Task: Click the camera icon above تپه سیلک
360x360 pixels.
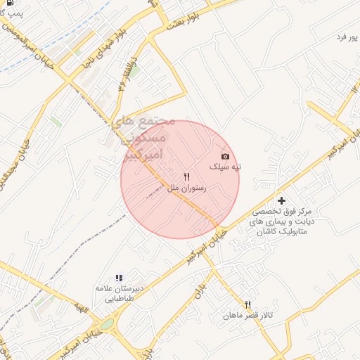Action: (x=225, y=156)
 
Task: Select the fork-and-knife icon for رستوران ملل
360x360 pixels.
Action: (x=186, y=177)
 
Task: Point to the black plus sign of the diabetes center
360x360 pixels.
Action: (x=282, y=200)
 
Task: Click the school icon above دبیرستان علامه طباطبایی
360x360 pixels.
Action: (x=120, y=278)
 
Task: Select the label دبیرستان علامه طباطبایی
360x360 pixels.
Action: (x=120, y=294)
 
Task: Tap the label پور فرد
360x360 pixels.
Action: (x=345, y=37)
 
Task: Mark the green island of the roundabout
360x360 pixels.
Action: (x=107, y=326)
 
